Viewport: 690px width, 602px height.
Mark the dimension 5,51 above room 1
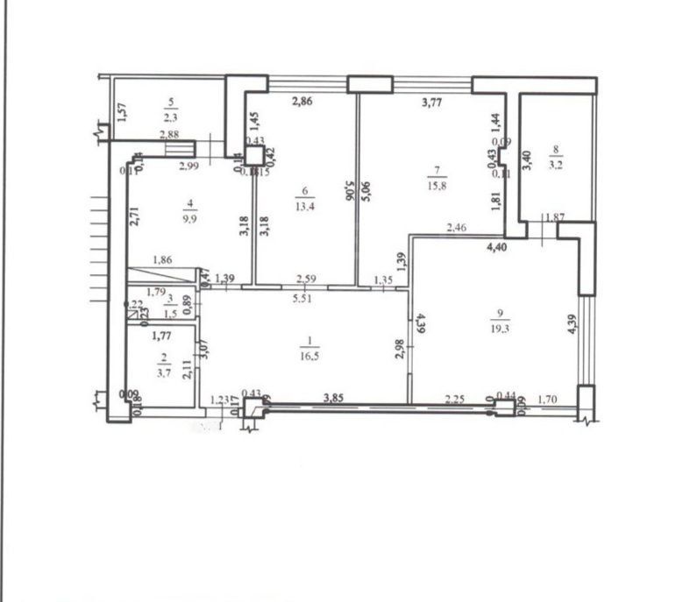(303, 296)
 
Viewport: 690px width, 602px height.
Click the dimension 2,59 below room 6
(306, 280)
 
